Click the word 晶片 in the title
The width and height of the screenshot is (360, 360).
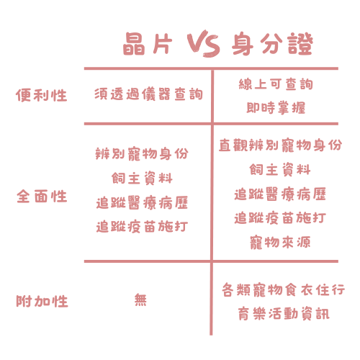(x=148, y=44)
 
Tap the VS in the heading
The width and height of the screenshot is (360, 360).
(x=204, y=43)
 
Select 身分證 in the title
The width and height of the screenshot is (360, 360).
(x=272, y=44)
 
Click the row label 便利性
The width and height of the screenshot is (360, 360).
(x=42, y=95)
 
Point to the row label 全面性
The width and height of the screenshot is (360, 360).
(x=42, y=196)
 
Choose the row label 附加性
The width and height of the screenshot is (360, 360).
(x=42, y=301)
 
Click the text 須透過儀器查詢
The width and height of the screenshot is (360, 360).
(x=148, y=94)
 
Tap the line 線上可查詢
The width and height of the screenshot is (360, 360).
(x=276, y=84)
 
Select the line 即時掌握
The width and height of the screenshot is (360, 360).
(x=276, y=107)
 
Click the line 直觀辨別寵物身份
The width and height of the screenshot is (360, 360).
(x=280, y=145)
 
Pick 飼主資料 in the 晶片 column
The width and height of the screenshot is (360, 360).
(x=142, y=179)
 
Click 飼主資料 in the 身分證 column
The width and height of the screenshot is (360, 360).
(x=280, y=169)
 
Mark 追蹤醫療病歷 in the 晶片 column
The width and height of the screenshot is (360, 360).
(x=142, y=203)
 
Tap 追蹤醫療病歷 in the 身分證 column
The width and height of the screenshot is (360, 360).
(x=280, y=194)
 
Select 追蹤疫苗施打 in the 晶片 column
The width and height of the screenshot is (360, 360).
(x=142, y=226)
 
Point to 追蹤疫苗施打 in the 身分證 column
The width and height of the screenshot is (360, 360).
(x=280, y=218)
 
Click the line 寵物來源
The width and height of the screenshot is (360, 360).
(x=280, y=243)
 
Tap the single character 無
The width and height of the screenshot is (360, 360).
(x=140, y=300)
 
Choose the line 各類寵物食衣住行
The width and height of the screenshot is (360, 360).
(x=284, y=290)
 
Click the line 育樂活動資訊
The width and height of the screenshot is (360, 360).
(x=284, y=314)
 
